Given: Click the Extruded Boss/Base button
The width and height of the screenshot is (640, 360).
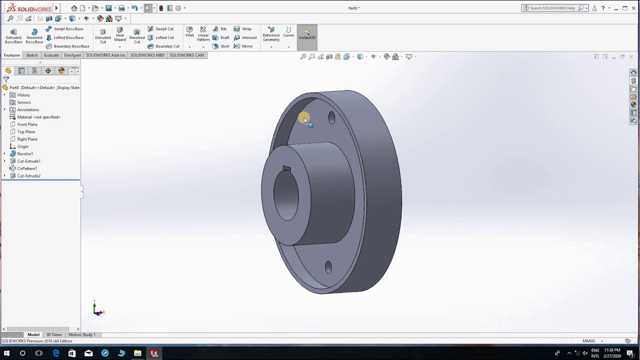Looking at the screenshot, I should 13,36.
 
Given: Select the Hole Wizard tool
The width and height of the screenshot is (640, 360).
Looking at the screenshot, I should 120,34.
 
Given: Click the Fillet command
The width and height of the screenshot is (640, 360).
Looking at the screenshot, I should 189,32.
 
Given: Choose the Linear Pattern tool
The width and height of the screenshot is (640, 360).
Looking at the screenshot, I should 203,34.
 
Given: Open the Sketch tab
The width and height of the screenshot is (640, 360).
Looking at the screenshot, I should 31,55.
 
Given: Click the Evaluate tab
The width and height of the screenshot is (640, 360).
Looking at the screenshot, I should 51,55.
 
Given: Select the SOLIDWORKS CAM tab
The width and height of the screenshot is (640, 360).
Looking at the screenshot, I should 186,55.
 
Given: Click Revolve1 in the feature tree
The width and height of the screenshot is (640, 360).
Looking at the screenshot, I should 25,153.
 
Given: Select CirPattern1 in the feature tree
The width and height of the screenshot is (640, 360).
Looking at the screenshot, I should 27,168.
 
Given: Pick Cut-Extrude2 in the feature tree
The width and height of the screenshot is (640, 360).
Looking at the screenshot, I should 28,176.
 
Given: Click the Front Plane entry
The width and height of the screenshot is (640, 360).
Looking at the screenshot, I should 27,124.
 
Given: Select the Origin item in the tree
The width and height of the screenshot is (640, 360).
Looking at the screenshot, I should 22,146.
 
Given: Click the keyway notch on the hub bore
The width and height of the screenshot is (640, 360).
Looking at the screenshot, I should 286,169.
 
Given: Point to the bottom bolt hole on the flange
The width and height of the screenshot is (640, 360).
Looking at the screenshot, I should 328,267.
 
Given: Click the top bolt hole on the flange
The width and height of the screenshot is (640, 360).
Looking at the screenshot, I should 331,118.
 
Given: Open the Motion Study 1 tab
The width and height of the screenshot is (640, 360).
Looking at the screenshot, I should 81,334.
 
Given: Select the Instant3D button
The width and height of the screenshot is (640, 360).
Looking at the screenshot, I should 307,34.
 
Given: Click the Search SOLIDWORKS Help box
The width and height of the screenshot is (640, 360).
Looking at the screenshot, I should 552,8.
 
